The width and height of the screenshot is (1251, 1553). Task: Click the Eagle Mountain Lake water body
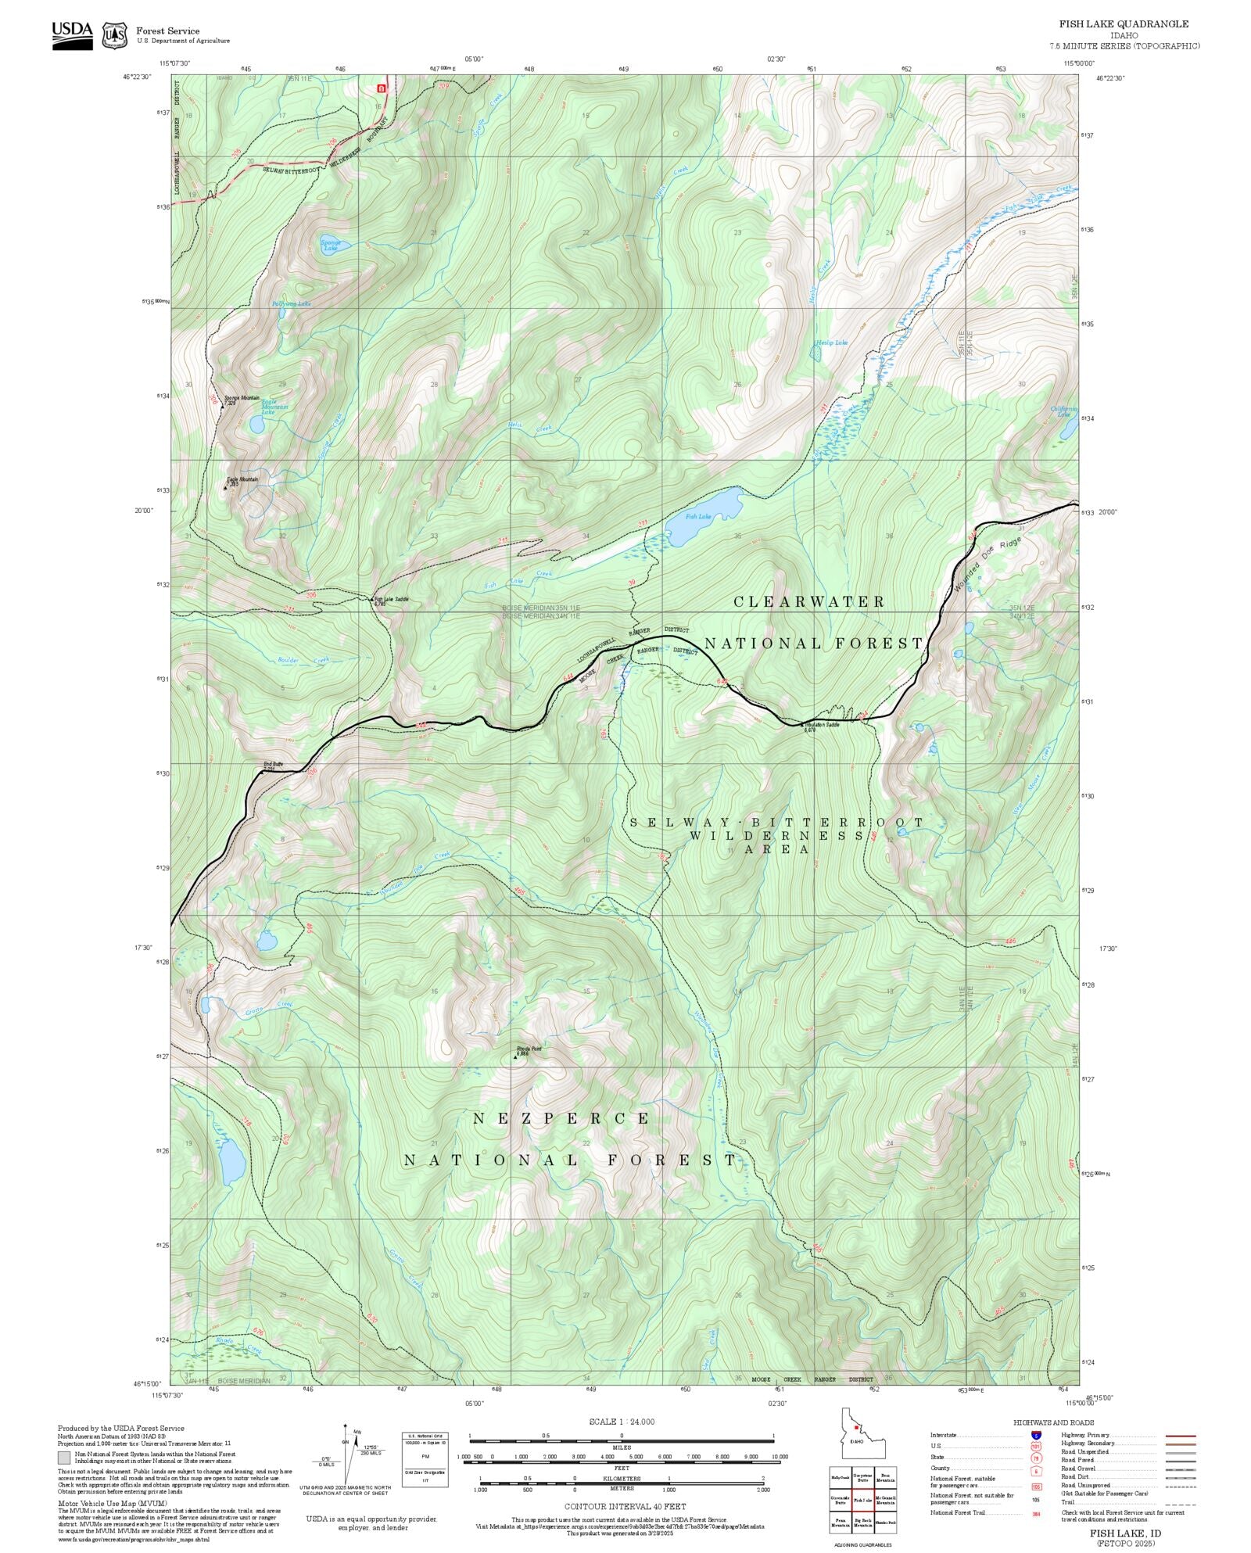[x=256, y=425]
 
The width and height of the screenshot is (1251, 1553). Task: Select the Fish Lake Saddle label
[x=391, y=599]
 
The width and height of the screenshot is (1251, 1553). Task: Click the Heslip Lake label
[x=831, y=343]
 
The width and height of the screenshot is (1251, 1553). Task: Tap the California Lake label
[x=1063, y=410]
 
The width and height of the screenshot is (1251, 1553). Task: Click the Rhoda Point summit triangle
[x=515, y=1056]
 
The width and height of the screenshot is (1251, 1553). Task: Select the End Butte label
[x=272, y=764]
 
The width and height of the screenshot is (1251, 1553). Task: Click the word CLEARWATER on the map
[x=808, y=601]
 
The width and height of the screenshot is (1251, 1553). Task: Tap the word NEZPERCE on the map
[x=561, y=1119]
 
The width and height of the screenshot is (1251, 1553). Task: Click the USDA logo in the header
[x=72, y=34]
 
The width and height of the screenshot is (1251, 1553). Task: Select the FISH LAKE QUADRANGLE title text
[x=1124, y=24]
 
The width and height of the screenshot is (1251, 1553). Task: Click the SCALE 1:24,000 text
[x=622, y=1422]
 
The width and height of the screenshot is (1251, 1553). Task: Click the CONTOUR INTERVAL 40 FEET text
[x=625, y=1505]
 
